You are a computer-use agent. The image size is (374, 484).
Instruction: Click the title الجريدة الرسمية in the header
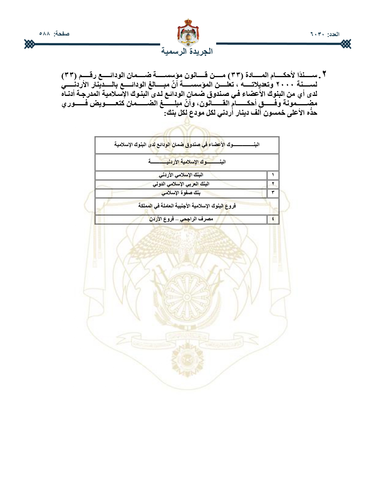point(187,51)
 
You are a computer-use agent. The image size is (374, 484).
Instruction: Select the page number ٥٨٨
point(45,34)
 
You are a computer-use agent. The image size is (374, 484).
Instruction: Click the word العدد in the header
point(334,34)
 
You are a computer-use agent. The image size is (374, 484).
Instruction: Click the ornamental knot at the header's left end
point(29,44)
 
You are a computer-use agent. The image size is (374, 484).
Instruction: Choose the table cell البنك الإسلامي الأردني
point(181,175)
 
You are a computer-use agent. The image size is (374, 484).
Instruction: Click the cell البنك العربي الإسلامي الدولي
point(181,184)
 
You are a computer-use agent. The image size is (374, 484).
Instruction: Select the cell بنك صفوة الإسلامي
point(181,193)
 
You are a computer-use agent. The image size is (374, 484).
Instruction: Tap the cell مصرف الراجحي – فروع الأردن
point(181,219)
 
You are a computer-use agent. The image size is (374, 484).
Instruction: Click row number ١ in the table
point(273,175)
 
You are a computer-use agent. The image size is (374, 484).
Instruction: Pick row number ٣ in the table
point(273,193)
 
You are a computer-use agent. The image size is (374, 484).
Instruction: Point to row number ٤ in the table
point(273,219)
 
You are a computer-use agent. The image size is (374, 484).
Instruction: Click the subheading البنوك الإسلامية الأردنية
point(187,162)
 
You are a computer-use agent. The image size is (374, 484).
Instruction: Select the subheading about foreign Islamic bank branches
point(187,206)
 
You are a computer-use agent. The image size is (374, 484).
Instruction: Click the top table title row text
point(187,145)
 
